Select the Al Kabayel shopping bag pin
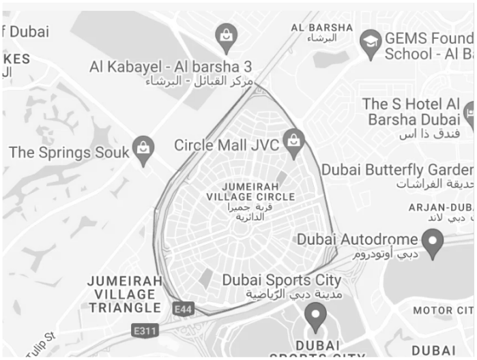(x=225, y=36)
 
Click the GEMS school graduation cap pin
(x=370, y=41)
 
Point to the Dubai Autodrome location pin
(x=432, y=241)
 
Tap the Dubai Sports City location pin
(x=315, y=315)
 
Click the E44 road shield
(x=184, y=310)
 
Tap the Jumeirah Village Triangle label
(x=125, y=294)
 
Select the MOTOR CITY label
(x=442, y=311)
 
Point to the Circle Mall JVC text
(x=227, y=145)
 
